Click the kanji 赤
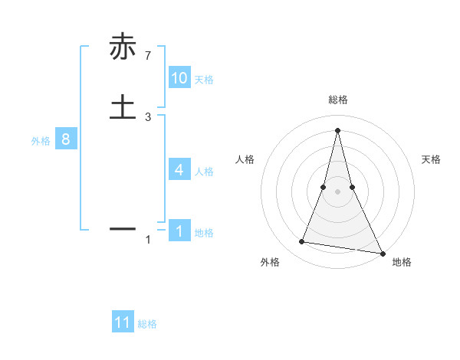point(123,47)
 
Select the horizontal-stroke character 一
point(123,228)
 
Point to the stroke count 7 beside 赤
point(148,55)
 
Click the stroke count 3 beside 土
point(148,117)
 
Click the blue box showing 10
point(179,78)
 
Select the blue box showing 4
point(179,170)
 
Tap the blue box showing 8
point(66,139)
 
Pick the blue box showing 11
point(123,322)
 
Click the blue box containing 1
point(179,231)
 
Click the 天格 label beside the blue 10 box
point(204,80)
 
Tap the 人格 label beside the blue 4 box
point(204,172)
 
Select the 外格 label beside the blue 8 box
point(41,141)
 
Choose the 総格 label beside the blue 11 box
point(147,324)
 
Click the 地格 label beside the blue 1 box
point(204,233)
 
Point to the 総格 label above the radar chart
point(337,100)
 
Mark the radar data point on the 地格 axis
point(382,253)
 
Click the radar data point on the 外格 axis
point(302,242)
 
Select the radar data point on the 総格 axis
point(337,130)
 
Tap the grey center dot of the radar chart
point(337,191)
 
